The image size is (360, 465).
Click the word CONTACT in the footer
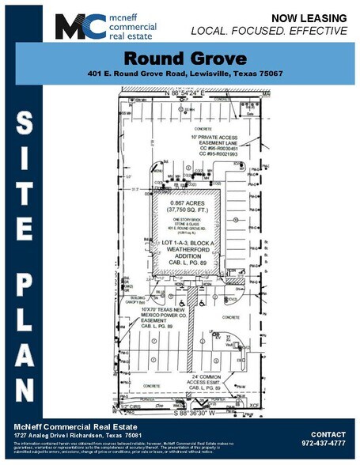[x=328, y=435]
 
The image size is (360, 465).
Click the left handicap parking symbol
[x=180, y=302]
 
